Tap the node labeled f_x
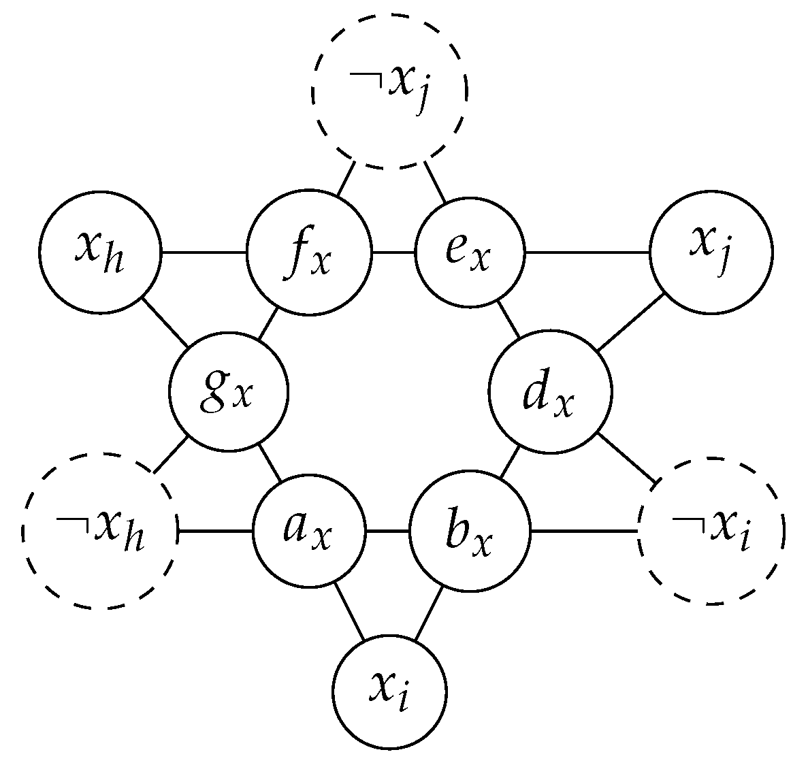pyautogui.click(x=310, y=253)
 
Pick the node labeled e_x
pyautogui.click(x=470, y=253)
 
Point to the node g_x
pyautogui.click(x=229, y=393)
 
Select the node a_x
pyautogui.click(x=309, y=530)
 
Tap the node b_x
pyautogui.click(x=470, y=530)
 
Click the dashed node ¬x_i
pyautogui.click(x=711, y=530)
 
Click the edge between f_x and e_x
pyautogui.click(x=393, y=253)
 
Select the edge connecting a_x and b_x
pyautogui.click(x=387, y=530)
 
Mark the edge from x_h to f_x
pyautogui.click(x=204, y=253)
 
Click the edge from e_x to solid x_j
pyautogui.click(x=587, y=253)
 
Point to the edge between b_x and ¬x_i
pyautogui.click(x=584, y=530)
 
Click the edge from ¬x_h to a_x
pyautogui.click(x=214, y=530)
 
